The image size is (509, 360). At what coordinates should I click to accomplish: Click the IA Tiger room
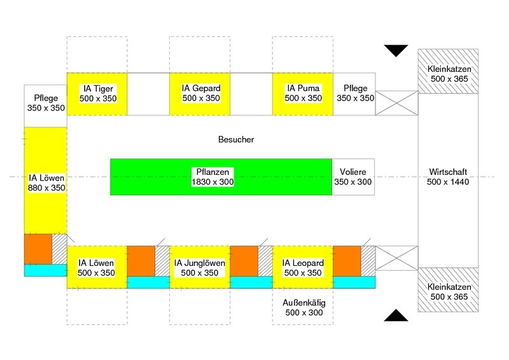click(97, 94)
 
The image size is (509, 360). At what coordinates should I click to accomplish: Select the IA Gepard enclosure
click(200, 94)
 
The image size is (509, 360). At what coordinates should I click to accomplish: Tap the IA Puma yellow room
click(303, 94)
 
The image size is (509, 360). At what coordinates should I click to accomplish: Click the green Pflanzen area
click(221, 177)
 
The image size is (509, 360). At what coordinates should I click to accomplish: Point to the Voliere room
click(353, 177)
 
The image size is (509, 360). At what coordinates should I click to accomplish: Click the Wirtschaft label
click(449, 177)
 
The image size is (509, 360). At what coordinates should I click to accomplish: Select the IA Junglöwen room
click(200, 267)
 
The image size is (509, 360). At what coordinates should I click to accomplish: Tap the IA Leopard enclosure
click(303, 267)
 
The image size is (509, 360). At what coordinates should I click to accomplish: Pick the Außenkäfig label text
click(303, 307)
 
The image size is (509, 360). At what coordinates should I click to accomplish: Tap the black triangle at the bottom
click(396, 315)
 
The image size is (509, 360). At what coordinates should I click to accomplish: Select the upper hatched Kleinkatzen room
click(449, 71)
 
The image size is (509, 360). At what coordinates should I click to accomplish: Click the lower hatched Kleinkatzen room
click(449, 289)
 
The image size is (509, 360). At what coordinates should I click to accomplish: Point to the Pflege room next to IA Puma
click(354, 94)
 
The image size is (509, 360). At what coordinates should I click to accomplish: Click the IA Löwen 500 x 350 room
click(97, 267)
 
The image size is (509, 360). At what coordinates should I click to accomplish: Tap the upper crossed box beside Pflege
click(396, 103)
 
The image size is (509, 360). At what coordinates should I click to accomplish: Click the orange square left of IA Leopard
click(244, 261)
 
